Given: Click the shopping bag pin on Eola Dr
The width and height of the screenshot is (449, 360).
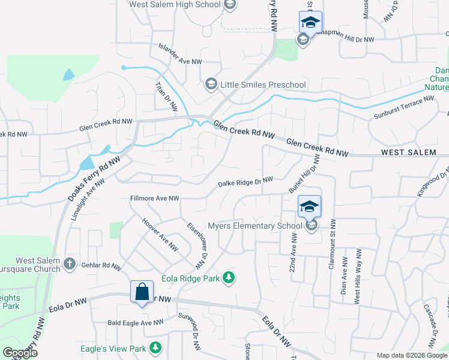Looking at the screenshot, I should [x=142, y=293].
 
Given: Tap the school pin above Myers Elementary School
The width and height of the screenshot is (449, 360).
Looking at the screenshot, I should [x=310, y=207].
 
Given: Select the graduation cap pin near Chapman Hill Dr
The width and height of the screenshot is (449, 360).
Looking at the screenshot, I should [x=310, y=23].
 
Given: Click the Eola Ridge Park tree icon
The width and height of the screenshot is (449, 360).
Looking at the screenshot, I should [x=228, y=277].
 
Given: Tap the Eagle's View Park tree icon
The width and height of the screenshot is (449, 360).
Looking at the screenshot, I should [x=155, y=348].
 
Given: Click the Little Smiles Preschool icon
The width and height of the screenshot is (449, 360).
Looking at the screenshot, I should [x=211, y=84].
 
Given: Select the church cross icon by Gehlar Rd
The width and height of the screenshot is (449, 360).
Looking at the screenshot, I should [x=70, y=264].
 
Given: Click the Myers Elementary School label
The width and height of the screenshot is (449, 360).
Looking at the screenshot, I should [x=255, y=226].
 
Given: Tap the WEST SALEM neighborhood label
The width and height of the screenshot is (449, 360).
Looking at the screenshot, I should [x=409, y=153].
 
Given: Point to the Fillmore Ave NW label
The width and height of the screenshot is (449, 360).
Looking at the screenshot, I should [x=154, y=198].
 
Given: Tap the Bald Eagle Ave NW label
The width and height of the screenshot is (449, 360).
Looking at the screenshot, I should [x=136, y=323].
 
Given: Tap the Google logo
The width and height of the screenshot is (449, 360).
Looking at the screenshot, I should [x=20, y=353].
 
